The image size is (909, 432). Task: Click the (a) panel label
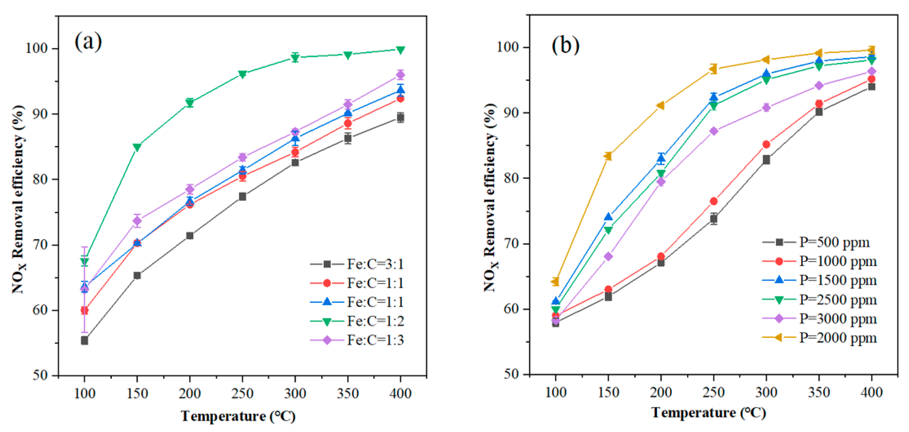[88, 42]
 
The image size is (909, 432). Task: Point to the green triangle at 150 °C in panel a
[137, 147]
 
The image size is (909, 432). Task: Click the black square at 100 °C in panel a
[84, 341]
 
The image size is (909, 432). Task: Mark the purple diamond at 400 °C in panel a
[400, 75]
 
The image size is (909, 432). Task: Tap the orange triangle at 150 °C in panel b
[608, 156]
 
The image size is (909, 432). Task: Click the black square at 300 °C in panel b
[766, 160]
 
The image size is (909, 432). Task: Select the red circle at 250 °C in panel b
[713, 201]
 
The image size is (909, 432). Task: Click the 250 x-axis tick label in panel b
[713, 392]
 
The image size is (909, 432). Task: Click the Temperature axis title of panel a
[238, 416]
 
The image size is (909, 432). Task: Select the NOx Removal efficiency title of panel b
[490, 198]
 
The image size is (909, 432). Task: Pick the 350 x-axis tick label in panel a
[348, 393]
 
